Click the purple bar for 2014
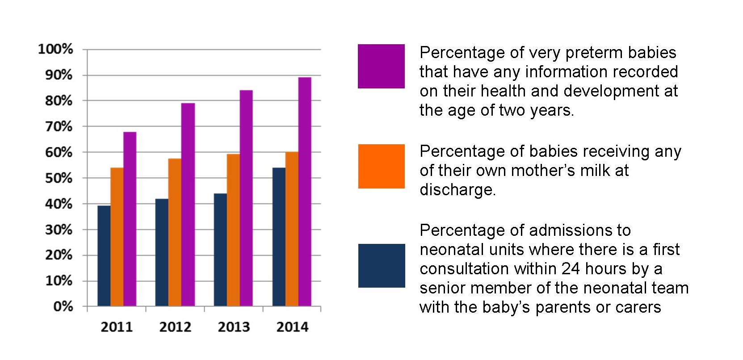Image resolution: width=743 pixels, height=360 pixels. click(305, 192)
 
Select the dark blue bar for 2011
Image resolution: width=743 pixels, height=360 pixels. click(104, 255)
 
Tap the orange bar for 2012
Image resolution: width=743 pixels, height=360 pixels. click(175, 232)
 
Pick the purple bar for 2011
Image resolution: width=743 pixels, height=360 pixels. click(130, 219)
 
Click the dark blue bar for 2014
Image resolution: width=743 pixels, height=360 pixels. click(279, 237)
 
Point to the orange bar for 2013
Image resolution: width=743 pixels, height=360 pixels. click(233, 230)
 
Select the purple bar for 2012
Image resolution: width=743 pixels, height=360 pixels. click(188, 205)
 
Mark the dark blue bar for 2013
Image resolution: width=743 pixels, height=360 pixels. click(220, 250)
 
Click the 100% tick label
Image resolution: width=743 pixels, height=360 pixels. click(55, 49)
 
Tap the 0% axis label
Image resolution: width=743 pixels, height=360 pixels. click(63, 307)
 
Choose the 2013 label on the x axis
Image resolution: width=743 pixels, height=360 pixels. click(234, 327)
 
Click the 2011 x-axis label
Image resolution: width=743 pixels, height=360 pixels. click(117, 327)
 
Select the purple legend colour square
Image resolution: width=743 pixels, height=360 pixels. click(381, 66)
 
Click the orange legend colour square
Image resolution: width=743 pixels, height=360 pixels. click(381, 166)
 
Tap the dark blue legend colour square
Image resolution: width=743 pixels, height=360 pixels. click(381, 266)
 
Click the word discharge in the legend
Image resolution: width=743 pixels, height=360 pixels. click(457, 190)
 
